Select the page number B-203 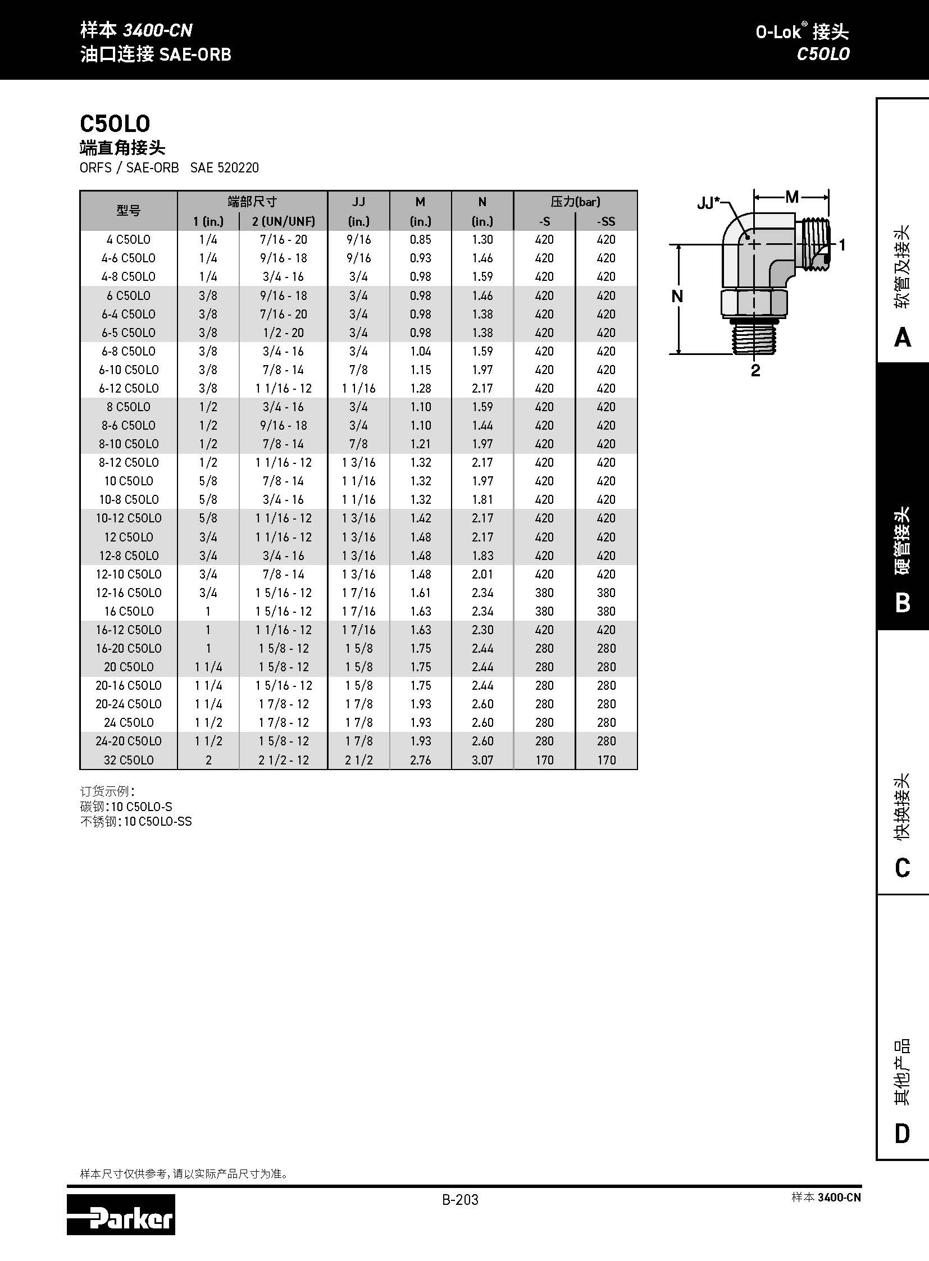pos(460,1200)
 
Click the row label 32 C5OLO pos(128,760)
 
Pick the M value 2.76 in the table pos(420,760)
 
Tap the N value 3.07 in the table pos(482,760)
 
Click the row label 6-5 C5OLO pos(128,333)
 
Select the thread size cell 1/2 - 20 pos(284,333)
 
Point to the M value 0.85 pos(420,240)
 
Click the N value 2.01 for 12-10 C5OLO pos(482,574)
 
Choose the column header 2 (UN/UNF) pos(284,221)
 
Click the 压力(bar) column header pos(575,201)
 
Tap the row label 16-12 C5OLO pos(128,630)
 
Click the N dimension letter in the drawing pos(677,297)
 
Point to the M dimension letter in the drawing pos(792,197)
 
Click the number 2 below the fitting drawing pos(755,370)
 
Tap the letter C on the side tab pos(902,868)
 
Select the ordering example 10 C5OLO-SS pos(157,822)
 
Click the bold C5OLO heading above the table pos(115,124)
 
